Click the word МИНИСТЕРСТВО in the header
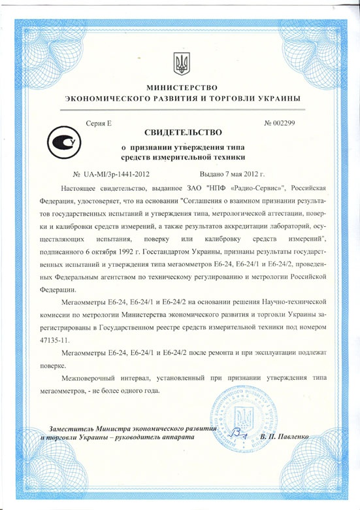point(181,87)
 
